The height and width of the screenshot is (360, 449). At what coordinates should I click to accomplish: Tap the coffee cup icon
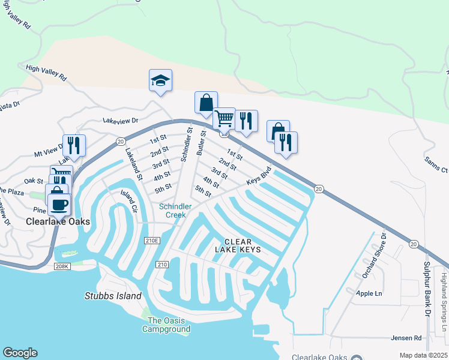pyautogui.click(x=59, y=204)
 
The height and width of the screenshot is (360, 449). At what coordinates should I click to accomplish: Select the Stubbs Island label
pyautogui.click(x=113, y=296)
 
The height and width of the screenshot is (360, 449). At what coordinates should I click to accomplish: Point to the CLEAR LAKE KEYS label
pyautogui.click(x=238, y=244)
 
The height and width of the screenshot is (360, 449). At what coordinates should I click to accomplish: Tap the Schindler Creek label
pyautogui.click(x=175, y=211)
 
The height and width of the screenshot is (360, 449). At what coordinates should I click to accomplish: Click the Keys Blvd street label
pyautogui.click(x=259, y=175)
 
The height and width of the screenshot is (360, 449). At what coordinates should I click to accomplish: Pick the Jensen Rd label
pyautogui.click(x=409, y=338)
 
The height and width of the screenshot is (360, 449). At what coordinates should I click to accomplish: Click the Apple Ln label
pyautogui.click(x=369, y=293)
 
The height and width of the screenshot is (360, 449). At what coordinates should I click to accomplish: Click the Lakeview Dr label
pyautogui.click(x=120, y=121)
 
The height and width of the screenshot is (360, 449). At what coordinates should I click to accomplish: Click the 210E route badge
pyautogui.click(x=153, y=241)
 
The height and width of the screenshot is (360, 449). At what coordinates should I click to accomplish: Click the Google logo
pyautogui.click(x=20, y=353)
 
